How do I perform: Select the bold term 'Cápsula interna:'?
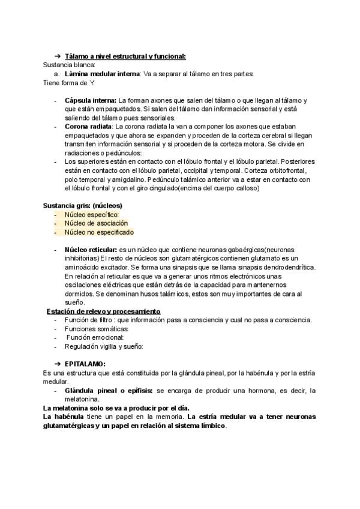pos(91,100)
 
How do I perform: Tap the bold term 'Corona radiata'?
pos(88,127)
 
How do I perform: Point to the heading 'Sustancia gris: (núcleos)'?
pos(83,205)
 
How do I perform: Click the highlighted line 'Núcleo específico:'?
pos(92,214)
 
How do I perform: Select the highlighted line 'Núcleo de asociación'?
pos(96,223)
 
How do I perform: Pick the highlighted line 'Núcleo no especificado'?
pos(99,232)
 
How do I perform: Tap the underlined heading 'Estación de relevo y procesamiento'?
pos(104,312)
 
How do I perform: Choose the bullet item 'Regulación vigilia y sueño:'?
pos(104,346)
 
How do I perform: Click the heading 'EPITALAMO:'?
pos(85,364)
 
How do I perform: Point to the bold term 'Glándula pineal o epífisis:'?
pos(109,391)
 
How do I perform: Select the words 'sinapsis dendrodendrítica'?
pos(275,267)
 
